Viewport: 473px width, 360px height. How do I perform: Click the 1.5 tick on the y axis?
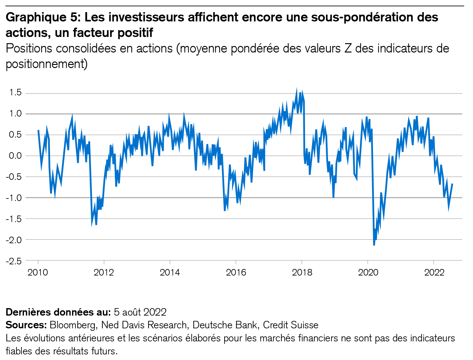(15, 93)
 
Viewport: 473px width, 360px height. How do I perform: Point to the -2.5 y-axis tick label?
(14, 261)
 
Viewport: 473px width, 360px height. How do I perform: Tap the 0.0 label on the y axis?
(15, 156)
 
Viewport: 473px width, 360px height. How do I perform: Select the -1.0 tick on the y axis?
(14, 198)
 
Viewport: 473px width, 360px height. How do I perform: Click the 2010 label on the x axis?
(38, 273)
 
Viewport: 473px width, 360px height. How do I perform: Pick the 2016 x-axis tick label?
(236, 273)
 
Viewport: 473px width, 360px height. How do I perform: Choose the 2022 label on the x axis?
(434, 273)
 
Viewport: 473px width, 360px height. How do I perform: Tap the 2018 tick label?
(302, 273)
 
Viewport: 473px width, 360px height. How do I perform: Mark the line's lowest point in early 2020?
(374, 245)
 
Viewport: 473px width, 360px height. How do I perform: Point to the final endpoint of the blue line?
(453, 184)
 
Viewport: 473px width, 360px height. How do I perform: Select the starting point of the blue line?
(38, 130)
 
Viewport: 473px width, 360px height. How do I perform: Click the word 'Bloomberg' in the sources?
(73, 325)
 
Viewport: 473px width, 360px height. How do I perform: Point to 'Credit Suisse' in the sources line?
(291, 325)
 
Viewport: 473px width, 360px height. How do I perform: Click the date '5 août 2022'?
(140, 312)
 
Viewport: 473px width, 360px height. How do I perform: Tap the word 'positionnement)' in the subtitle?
(47, 64)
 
